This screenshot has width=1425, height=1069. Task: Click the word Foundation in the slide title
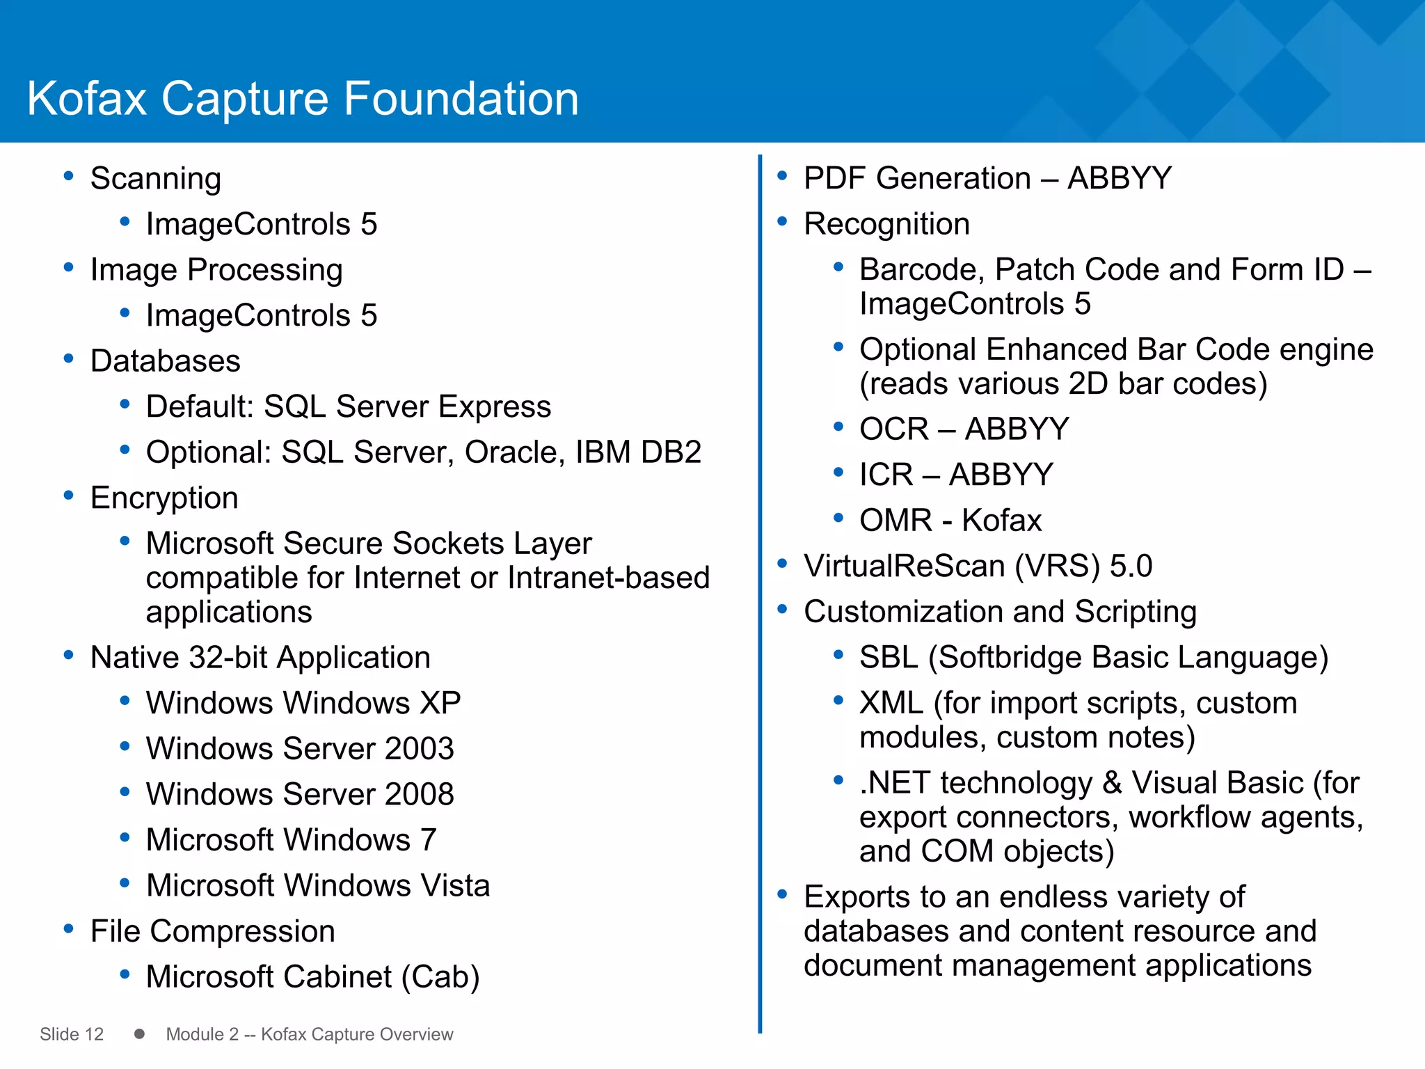click(x=461, y=98)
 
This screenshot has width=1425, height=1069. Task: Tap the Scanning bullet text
click(x=156, y=179)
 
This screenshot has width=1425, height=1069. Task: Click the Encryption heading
click(x=164, y=498)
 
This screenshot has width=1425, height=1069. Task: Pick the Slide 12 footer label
click(x=72, y=1034)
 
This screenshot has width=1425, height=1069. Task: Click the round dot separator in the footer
click(x=139, y=1034)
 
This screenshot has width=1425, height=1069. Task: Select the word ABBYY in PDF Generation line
click(x=1120, y=178)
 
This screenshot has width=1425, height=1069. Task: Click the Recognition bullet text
click(x=886, y=224)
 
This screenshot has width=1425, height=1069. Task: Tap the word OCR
click(x=894, y=429)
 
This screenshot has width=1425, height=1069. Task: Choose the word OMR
click(x=895, y=521)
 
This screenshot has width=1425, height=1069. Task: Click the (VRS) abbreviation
click(x=1057, y=566)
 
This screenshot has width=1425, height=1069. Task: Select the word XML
click(x=891, y=703)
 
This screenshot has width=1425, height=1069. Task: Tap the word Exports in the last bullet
click(x=857, y=897)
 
